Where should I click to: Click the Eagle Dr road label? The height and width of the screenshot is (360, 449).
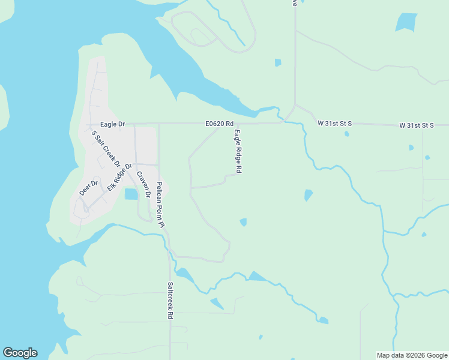tap(112, 124)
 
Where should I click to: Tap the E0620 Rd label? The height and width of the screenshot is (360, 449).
tap(218, 124)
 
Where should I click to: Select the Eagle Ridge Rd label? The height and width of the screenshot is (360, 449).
tap(238, 152)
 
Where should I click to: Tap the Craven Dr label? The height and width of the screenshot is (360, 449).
tap(143, 185)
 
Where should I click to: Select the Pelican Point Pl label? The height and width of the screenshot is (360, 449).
tap(160, 205)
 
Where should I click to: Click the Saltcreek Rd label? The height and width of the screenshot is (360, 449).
tap(170, 300)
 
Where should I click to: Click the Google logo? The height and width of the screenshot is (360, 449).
tap(20, 353)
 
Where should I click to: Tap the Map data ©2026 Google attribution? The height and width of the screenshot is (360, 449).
tap(412, 355)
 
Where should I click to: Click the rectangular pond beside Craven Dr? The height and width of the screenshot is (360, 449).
tap(131, 194)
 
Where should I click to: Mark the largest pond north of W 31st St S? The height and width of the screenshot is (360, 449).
tap(406, 23)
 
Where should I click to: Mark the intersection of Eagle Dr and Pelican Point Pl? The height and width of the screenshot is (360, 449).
tap(159, 124)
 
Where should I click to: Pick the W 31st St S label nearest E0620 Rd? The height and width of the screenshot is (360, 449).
tap(334, 124)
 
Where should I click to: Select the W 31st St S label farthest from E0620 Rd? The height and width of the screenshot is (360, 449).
tap(417, 125)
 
